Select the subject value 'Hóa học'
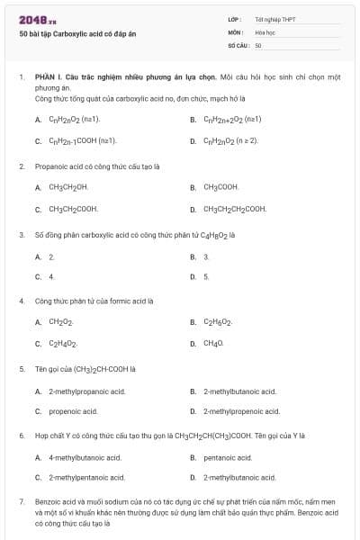click(264, 31)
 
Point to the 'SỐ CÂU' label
click(238, 45)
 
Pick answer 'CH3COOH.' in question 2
click(221, 187)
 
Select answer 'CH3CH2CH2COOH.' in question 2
click(235, 209)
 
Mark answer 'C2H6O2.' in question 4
click(218, 322)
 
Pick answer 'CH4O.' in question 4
click(214, 344)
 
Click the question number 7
click(21, 500)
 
